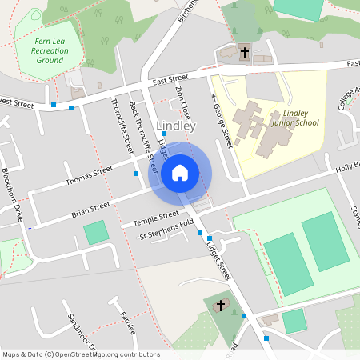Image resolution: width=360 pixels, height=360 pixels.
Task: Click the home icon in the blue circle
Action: point(180,172)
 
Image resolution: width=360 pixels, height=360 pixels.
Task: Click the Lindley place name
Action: point(177,126)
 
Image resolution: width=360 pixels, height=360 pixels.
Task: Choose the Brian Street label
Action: point(90,210)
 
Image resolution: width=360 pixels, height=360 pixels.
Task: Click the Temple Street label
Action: point(158,216)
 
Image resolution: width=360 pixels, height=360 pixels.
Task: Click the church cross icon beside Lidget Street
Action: point(220,305)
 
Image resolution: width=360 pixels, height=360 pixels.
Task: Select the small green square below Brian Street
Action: point(96,233)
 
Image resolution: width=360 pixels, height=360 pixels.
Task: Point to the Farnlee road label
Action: point(127,324)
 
